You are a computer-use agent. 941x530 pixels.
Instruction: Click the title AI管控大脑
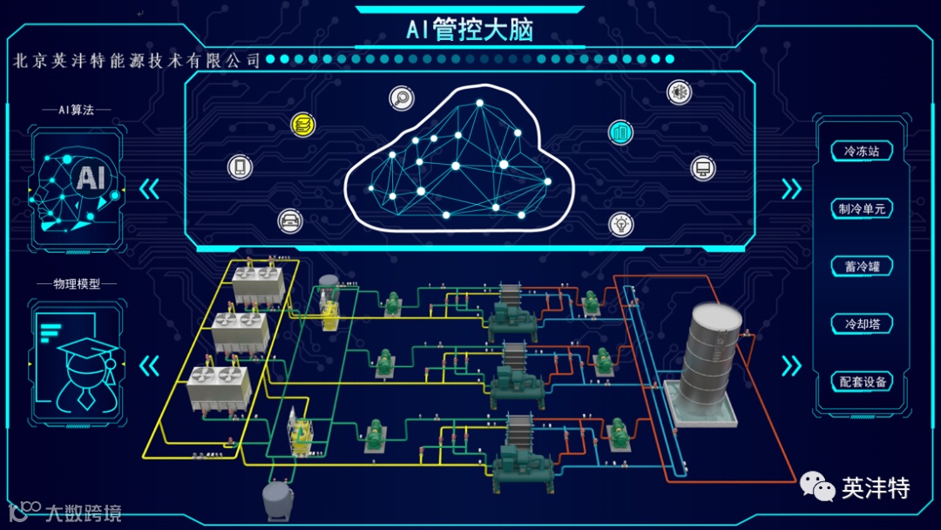click(x=470, y=30)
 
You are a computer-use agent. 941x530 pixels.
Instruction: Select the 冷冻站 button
click(x=861, y=152)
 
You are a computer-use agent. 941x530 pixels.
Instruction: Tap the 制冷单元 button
click(x=861, y=209)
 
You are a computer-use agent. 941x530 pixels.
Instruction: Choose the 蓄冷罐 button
click(x=861, y=267)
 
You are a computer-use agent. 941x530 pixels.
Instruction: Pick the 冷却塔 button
click(x=861, y=324)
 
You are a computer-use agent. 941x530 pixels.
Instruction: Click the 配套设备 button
click(x=861, y=382)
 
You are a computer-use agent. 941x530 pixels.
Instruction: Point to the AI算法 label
click(x=77, y=110)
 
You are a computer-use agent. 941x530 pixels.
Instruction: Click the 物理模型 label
click(x=77, y=284)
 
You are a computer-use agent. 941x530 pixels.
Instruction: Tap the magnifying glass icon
click(x=402, y=99)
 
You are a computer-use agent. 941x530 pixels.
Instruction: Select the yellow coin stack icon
click(x=303, y=124)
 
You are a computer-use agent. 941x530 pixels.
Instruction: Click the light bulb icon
click(x=620, y=223)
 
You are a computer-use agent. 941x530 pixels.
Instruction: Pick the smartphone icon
click(x=240, y=166)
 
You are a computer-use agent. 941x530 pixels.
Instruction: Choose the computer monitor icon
click(x=703, y=167)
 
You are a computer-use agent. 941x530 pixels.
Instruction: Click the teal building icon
click(x=620, y=132)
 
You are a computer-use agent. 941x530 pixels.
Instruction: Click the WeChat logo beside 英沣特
click(x=817, y=487)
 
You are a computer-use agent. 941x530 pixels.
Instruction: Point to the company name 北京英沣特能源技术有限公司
click(x=138, y=60)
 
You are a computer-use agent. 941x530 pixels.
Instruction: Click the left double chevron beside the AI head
click(x=150, y=189)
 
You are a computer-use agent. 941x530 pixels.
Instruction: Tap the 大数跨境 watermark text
click(x=83, y=513)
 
